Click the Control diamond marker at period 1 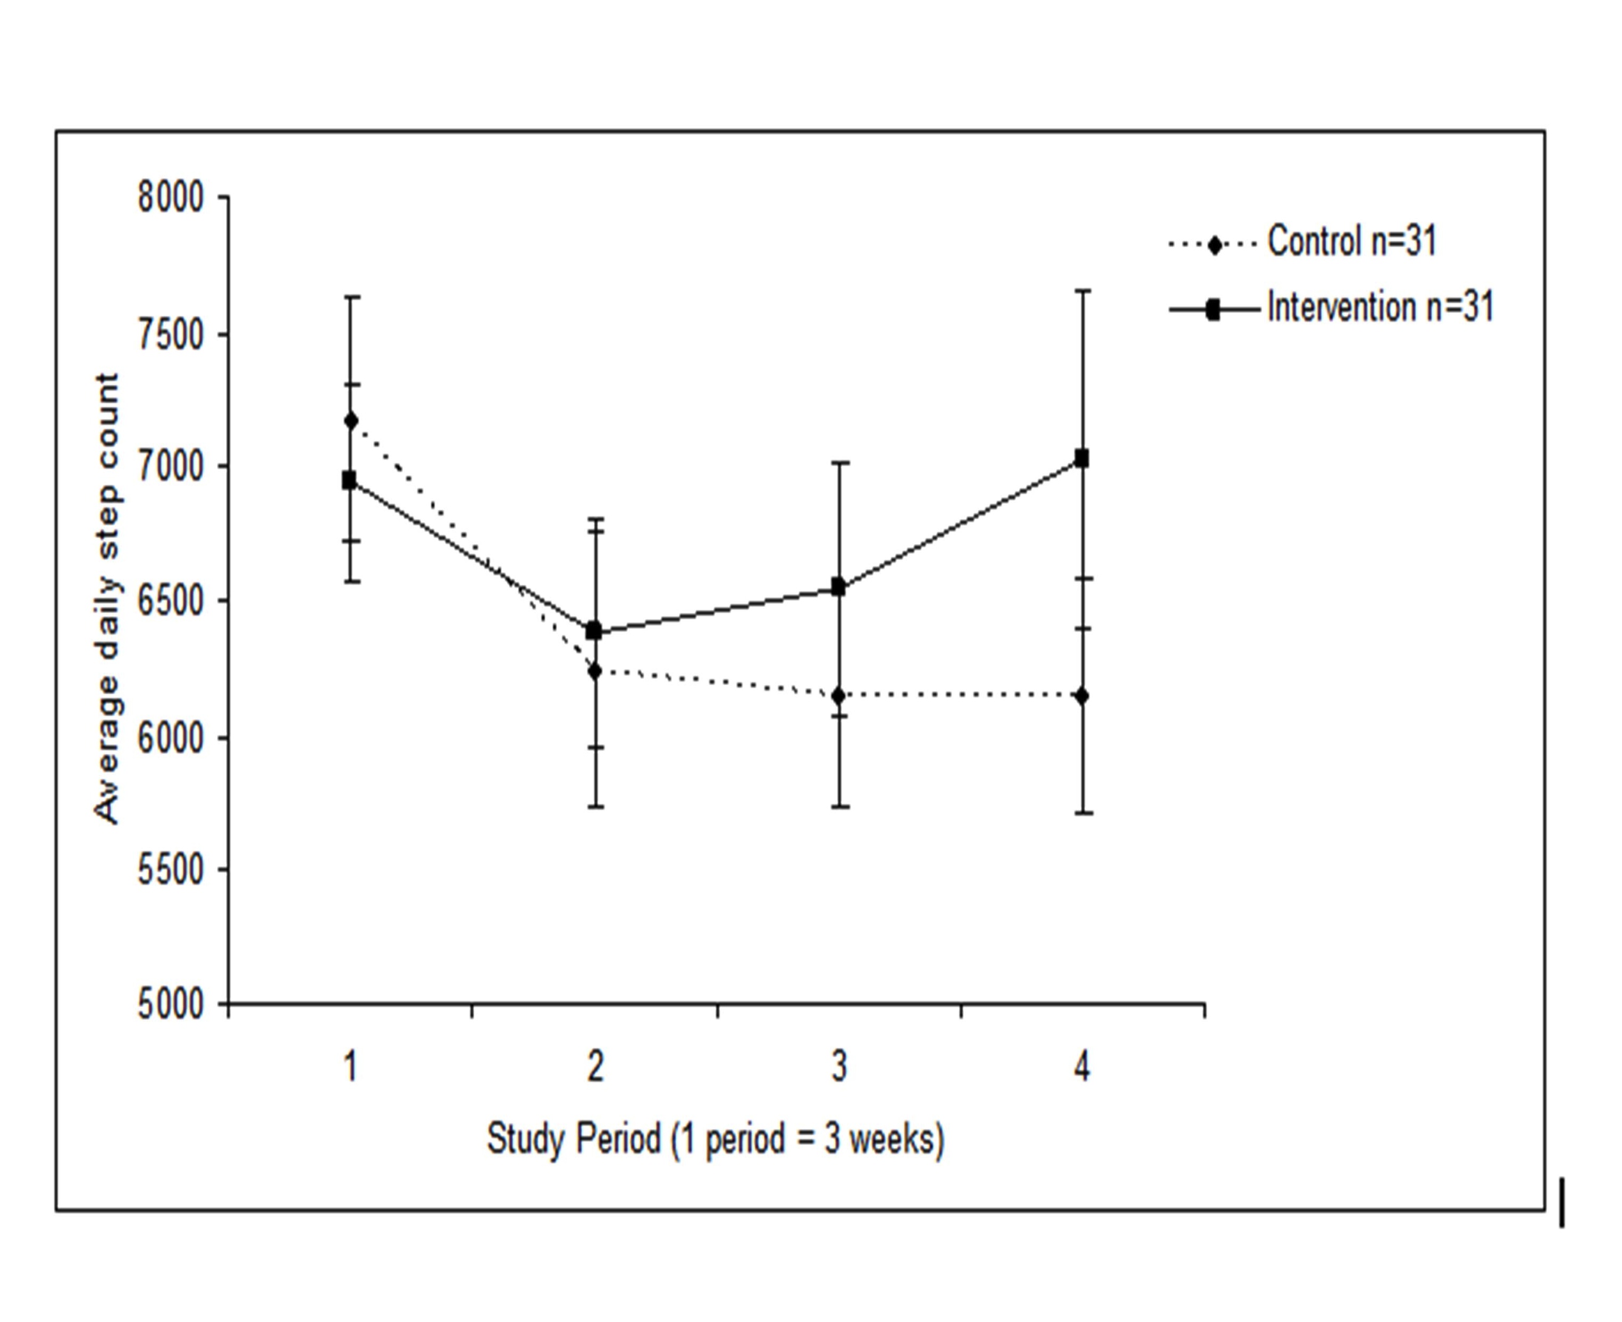point(351,421)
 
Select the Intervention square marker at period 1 point(349,481)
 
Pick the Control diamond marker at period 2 point(595,671)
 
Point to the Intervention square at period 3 point(838,586)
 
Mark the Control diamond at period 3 point(839,695)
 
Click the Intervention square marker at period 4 point(1081,458)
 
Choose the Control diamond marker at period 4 point(1082,695)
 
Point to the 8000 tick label point(171,198)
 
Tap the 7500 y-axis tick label point(171,335)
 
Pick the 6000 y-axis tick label point(171,738)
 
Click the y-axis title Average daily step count point(107,599)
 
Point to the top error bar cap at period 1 point(351,297)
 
